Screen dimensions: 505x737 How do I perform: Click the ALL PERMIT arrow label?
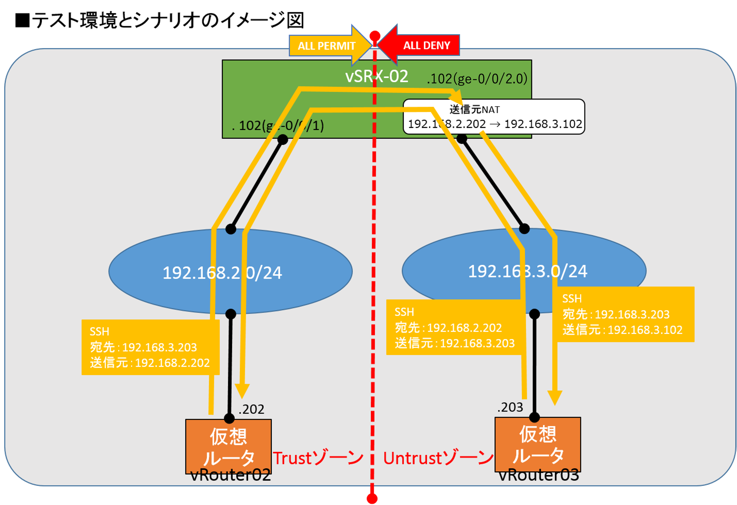coord(326,46)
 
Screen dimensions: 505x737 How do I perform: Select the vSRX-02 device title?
coord(377,76)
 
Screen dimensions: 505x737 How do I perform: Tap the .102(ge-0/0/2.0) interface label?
coord(477,79)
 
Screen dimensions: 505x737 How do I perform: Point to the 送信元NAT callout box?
coord(494,117)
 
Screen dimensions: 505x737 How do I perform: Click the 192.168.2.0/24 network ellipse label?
coord(222,273)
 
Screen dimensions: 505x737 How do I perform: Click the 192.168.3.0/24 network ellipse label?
coord(527,271)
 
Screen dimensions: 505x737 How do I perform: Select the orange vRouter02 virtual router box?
coord(228,446)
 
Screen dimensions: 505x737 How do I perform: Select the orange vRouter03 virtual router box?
coord(538,444)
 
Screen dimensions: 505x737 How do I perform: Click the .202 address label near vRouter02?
coord(251,409)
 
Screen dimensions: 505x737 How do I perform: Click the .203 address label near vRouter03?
coord(510,407)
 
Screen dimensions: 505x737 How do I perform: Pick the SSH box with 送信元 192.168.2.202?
coord(150,347)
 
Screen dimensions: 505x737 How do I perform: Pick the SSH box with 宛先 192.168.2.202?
coord(454,327)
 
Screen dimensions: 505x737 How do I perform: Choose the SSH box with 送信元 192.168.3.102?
coord(622,314)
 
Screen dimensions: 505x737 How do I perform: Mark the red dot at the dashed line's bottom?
coord(372,499)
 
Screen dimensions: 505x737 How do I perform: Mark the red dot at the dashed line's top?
coord(375,36)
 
